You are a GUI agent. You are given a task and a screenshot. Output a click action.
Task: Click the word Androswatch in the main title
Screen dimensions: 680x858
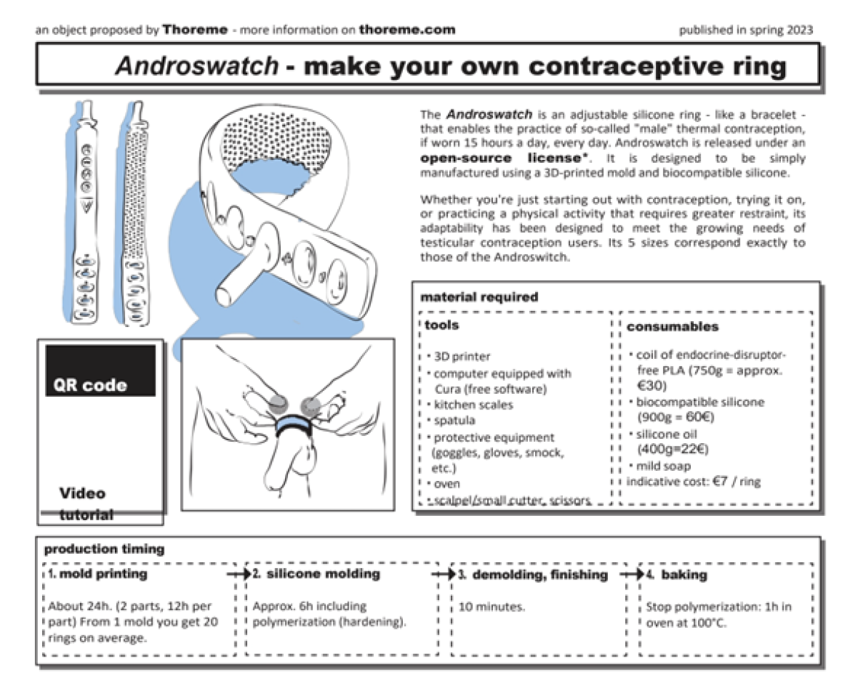[x=196, y=66]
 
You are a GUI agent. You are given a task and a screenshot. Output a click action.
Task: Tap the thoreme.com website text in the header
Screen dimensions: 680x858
[x=406, y=30]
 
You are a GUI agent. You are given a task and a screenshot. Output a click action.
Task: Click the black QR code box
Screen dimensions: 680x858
[x=100, y=370]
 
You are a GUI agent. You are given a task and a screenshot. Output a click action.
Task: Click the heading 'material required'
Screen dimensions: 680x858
[x=479, y=297]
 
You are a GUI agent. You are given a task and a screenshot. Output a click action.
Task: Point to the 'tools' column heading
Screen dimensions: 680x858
[x=442, y=325]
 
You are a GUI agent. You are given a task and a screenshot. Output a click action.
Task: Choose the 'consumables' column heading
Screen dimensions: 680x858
[x=672, y=326]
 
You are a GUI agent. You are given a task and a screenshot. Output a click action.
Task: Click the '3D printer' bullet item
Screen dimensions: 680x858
[x=462, y=356]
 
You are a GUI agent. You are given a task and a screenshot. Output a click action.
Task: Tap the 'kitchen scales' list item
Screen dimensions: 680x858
[x=473, y=405]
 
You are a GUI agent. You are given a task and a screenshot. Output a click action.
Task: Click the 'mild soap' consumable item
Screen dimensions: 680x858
[x=664, y=466]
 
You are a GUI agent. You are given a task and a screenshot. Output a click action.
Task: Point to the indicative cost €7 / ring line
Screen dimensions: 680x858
[x=693, y=482]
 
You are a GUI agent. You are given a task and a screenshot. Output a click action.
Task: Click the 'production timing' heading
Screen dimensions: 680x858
[x=104, y=549]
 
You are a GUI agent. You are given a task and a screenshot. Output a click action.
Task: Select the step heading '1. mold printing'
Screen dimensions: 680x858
[x=99, y=574]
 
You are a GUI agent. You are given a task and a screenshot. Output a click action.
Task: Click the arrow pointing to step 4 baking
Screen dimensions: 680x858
[x=631, y=574]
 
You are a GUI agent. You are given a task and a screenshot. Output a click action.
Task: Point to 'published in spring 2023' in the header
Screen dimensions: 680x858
[x=745, y=30]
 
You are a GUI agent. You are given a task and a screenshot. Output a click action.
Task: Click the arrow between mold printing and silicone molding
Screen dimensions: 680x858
[x=238, y=574]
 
